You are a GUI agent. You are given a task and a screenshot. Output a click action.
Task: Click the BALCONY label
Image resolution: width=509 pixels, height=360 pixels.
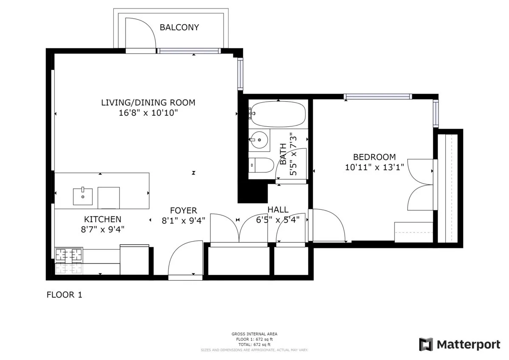click(x=179, y=28)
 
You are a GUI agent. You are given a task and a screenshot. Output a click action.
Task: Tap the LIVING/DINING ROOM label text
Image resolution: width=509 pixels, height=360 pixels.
click(x=148, y=102)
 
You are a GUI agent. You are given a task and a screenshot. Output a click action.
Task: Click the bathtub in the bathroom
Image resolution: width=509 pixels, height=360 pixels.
click(x=277, y=114)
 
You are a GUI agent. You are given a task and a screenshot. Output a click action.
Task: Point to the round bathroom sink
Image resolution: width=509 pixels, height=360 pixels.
click(x=258, y=140)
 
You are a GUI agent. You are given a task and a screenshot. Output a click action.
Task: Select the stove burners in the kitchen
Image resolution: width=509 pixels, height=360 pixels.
click(x=69, y=254)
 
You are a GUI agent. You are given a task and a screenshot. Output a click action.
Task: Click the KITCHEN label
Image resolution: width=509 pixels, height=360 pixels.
click(x=103, y=219)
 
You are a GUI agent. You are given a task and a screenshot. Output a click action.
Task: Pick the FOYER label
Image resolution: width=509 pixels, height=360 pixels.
click(x=183, y=210)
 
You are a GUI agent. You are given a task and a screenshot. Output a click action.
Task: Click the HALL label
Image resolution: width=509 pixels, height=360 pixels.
click(x=278, y=209)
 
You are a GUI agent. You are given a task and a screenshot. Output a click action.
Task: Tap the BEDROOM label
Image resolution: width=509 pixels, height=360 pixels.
click(x=374, y=157)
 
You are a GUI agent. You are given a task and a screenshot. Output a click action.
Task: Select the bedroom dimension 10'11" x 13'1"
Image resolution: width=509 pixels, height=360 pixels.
click(x=374, y=167)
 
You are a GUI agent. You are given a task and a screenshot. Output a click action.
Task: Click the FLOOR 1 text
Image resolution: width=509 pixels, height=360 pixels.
click(x=64, y=295)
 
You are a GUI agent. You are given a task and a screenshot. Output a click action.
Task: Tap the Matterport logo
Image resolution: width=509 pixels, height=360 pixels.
click(x=459, y=344)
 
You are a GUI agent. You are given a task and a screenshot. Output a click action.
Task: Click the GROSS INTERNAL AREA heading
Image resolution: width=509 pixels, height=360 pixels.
click(x=255, y=334)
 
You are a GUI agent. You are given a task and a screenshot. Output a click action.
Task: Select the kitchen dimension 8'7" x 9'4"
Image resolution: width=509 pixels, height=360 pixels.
click(x=103, y=229)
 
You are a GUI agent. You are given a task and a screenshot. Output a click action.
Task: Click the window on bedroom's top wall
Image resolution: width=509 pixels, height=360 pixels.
click(x=378, y=97)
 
